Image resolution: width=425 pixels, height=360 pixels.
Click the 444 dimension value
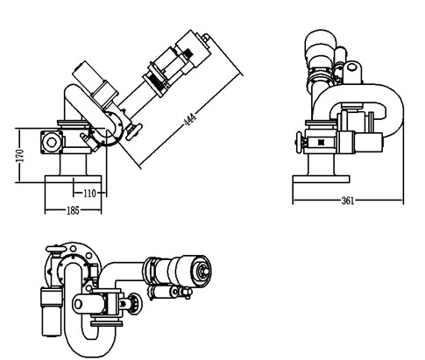coord(189,119)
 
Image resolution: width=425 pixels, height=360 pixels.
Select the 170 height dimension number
coord(20,156)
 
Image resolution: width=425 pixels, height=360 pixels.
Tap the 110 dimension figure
coord(89,194)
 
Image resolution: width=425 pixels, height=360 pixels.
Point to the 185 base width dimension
coord(73,210)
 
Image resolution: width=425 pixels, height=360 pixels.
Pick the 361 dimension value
coord(348,201)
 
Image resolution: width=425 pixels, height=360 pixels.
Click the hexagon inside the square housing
coord(52,142)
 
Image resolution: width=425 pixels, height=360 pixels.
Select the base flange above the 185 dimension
coord(73,179)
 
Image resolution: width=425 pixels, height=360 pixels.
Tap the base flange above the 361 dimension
coord(321,180)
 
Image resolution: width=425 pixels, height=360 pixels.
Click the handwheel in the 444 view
coord(134,132)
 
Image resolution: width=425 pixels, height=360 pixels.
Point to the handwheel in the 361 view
coord(299,142)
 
